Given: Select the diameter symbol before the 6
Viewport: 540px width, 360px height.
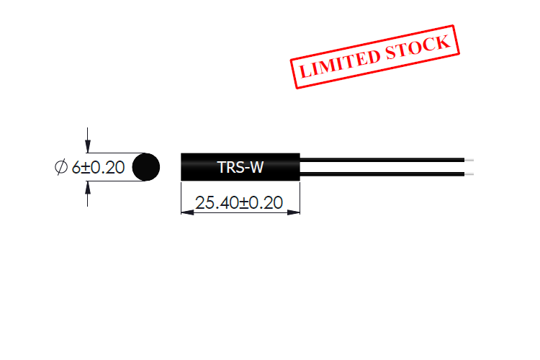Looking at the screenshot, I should (x=60, y=168).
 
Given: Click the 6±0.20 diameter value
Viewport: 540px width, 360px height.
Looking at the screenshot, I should (x=99, y=168).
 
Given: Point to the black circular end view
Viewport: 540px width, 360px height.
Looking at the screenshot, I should (x=147, y=167).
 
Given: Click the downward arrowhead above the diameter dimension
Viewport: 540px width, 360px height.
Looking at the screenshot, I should (x=88, y=146).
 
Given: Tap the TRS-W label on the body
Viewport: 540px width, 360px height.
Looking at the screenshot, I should (x=240, y=168).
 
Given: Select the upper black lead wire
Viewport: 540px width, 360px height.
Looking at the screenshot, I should (x=382, y=159).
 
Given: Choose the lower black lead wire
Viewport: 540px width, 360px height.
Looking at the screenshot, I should (x=382, y=174).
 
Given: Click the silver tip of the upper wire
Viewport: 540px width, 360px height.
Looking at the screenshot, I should (x=469, y=159).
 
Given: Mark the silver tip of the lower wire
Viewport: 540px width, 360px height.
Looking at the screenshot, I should (x=469, y=174).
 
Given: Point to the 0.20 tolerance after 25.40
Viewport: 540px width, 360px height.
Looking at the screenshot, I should (x=265, y=203).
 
